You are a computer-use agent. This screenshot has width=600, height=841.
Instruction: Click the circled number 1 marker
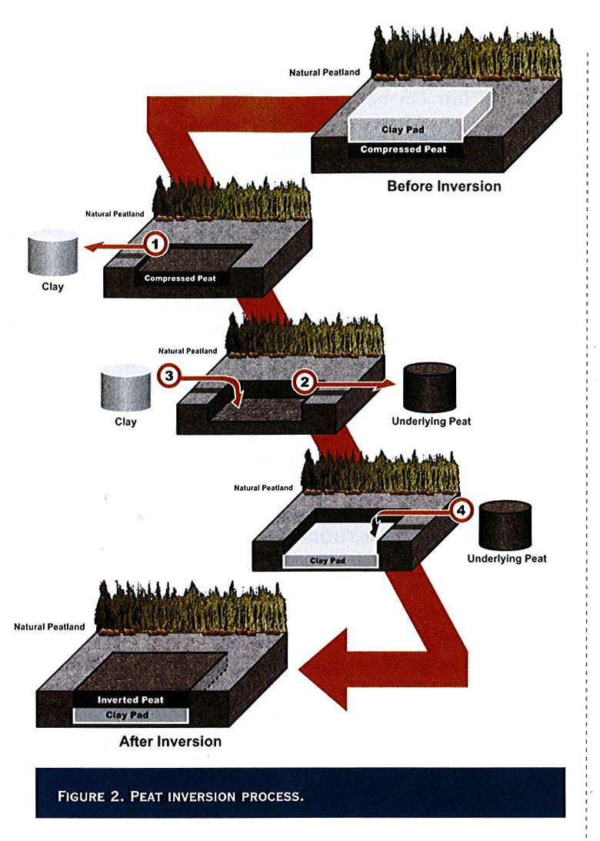(156, 245)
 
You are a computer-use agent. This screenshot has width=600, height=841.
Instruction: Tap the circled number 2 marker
(305, 381)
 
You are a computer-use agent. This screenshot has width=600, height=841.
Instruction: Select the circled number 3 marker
(168, 376)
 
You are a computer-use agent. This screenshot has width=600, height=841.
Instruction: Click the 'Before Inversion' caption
(444, 186)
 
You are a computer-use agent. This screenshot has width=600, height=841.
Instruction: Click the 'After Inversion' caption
(170, 742)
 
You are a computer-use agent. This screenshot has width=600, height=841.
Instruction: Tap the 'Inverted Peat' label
(130, 700)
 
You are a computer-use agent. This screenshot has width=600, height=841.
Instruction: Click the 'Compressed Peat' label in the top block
(403, 149)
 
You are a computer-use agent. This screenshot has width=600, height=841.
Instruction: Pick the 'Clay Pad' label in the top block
(402, 130)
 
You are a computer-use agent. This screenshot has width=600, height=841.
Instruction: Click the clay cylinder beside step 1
(52, 252)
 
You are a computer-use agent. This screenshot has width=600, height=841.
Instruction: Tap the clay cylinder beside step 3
(125, 390)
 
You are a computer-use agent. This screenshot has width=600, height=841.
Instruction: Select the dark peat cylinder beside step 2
(429, 388)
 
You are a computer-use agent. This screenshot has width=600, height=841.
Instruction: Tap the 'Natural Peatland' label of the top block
(324, 73)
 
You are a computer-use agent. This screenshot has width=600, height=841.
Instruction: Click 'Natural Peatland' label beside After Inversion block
(49, 627)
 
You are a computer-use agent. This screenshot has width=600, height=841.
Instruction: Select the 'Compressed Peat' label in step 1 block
(181, 279)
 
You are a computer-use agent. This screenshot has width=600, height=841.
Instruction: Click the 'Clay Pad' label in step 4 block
(328, 561)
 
